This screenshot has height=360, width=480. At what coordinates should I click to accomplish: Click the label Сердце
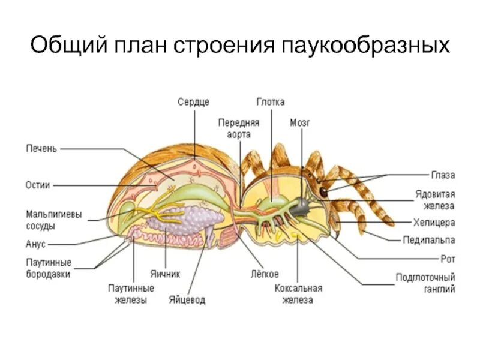pos(193,102)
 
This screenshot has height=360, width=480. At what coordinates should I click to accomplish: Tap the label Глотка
pos(271,102)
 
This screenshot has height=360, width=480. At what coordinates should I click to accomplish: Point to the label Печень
pos(41,148)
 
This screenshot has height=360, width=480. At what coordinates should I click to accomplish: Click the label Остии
pos(38,185)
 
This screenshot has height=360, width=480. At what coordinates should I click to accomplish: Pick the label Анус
pos(35,244)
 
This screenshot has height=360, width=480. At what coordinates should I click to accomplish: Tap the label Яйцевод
pos(187,299)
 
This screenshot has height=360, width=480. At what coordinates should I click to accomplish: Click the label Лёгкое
pos(264,274)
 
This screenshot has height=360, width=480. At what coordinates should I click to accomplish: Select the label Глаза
pos(443,175)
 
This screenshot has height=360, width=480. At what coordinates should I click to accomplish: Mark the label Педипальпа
pos(428,240)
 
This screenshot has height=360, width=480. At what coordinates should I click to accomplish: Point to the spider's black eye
pos(323,193)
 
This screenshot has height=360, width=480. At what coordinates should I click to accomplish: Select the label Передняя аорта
pos(238,127)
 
